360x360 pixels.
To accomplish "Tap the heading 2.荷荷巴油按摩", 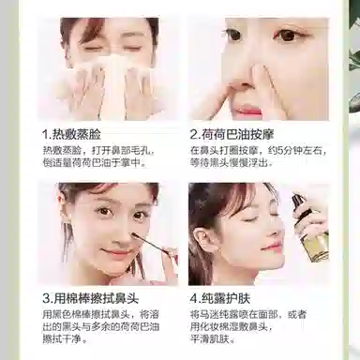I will [x=238, y=134].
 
